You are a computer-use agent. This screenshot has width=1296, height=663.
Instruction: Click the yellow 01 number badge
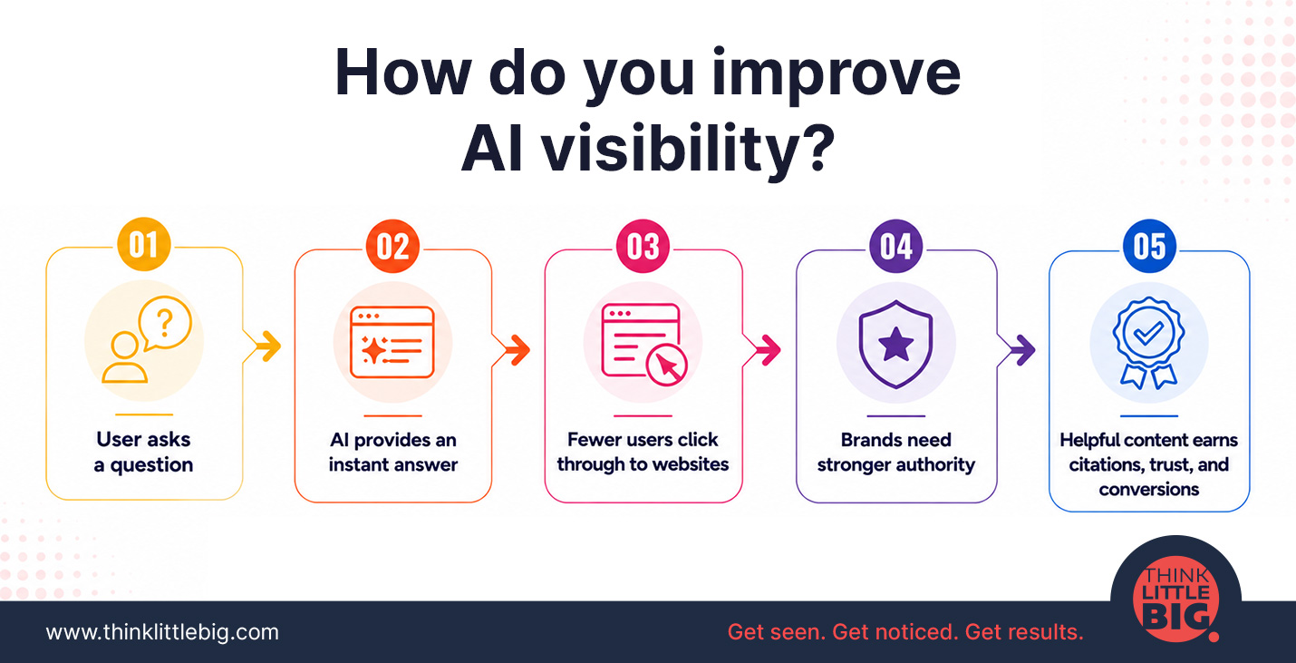pos(143,244)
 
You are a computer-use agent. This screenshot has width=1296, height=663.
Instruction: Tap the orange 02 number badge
pos(392,246)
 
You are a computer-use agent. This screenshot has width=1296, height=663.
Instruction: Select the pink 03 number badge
pos(643,246)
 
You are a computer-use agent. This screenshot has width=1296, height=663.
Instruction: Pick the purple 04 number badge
pos(896,246)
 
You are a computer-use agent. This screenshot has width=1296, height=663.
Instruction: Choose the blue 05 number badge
pos(1149,246)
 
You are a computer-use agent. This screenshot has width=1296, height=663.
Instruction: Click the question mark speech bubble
pos(165,323)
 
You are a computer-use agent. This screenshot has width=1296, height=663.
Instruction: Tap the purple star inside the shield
pos(895,344)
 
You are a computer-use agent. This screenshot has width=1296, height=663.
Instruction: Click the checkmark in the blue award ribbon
pos(1148,332)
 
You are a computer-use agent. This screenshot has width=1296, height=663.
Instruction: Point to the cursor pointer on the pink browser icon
pos(667,365)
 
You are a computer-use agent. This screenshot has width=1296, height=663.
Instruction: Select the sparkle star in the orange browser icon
pos(373,349)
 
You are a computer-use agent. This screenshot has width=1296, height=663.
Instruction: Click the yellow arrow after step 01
pos(268,346)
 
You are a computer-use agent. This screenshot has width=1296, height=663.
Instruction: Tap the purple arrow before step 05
pos(1021,350)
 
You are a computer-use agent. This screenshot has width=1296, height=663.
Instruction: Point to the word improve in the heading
pos(836,75)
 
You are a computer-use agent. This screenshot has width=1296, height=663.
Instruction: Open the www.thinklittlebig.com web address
pos(162,632)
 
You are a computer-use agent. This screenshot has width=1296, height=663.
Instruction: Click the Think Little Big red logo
pos(1176,600)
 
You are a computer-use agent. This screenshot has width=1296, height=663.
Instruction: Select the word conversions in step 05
pos(1149,489)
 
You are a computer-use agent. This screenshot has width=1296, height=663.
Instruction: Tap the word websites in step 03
pos(692,463)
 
